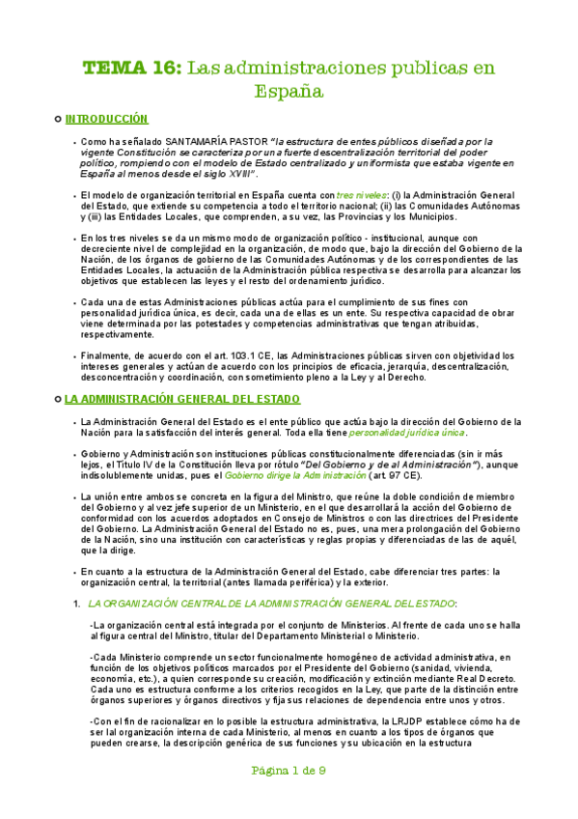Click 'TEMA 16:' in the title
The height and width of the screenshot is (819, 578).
pyautogui.click(x=130, y=69)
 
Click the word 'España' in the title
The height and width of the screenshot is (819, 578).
pyautogui.click(x=289, y=92)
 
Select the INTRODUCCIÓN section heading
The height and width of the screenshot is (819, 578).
pyautogui.click(x=106, y=119)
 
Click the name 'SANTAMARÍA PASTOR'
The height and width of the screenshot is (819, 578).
pyautogui.click(x=217, y=141)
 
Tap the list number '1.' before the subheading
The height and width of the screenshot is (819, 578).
pyautogui.click(x=76, y=603)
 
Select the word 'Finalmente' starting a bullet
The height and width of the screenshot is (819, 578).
pyautogui.click(x=107, y=356)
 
